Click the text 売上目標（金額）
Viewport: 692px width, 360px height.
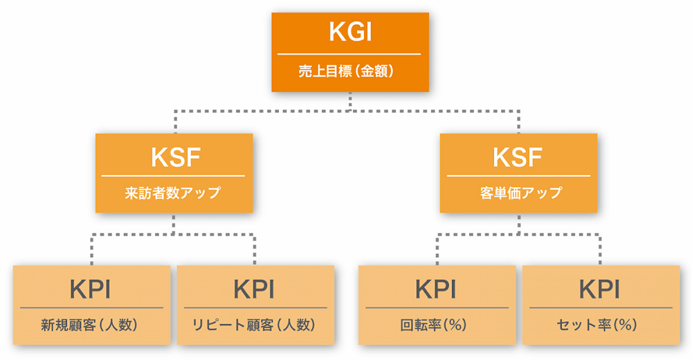tap(349, 71)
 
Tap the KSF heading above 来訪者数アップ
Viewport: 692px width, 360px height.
tap(174, 158)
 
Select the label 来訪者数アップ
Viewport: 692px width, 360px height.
tap(174, 193)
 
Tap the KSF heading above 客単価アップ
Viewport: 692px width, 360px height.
tap(518, 158)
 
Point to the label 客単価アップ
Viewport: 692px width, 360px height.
tap(518, 193)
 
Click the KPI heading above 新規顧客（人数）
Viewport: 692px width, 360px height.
tap(92, 289)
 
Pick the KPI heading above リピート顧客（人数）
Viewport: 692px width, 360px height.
tap(256, 289)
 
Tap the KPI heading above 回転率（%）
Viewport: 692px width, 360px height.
tap(437, 289)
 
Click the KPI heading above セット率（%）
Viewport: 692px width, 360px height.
tap(600, 289)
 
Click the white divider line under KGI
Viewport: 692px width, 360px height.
tap(349, 53)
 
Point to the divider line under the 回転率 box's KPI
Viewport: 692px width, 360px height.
tap(437, 307)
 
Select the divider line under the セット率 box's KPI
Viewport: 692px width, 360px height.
tap(600, 307)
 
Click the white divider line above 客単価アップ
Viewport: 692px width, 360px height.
tap(518, 176)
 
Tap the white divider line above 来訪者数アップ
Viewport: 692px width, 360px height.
tap(174, 176)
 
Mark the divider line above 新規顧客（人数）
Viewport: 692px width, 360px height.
tap(92, 307)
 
